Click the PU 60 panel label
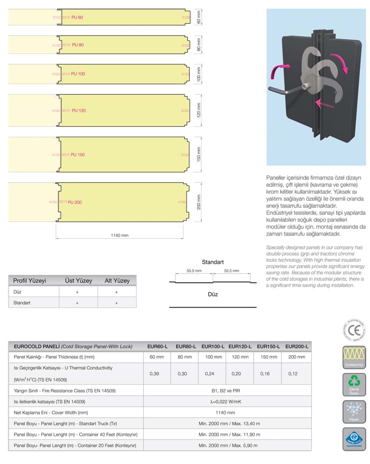[77, 17]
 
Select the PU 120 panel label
[78, 110]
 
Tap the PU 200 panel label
[75, 202]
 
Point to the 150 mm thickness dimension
[199, 155]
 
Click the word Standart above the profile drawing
[213, 262]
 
